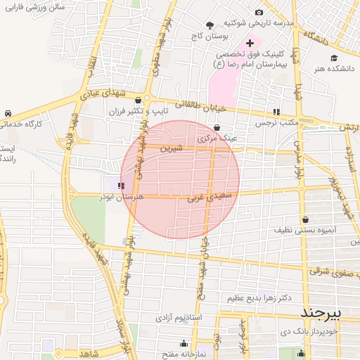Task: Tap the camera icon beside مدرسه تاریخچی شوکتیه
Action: pos(259,13)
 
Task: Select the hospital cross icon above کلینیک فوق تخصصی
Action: pos(250,43)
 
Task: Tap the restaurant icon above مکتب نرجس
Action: pos(276,111)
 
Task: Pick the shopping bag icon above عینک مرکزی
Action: pos(216,127)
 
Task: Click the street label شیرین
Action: pos(171,149)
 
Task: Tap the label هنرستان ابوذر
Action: pos(141,198)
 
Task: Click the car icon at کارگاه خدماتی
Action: pos(8,113)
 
